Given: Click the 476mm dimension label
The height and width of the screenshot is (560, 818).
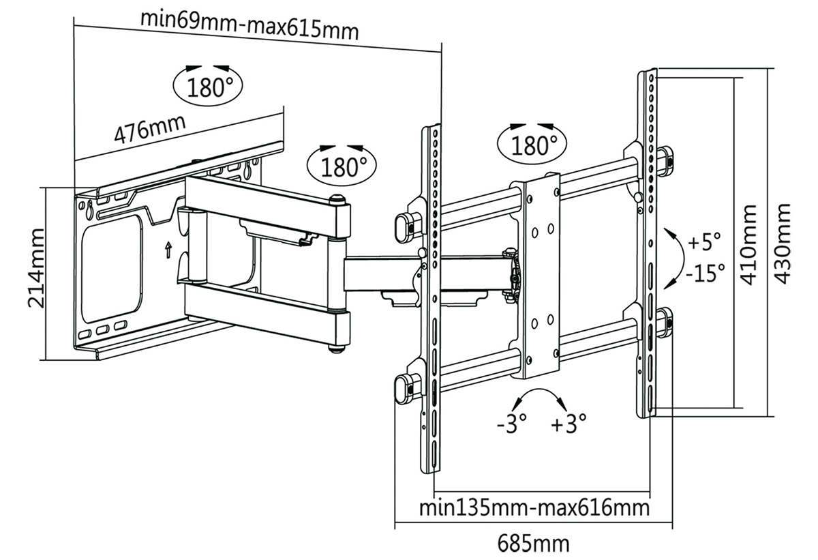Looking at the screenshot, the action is pos(150,130).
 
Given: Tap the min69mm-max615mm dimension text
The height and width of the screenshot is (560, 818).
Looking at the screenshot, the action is pos(249,25).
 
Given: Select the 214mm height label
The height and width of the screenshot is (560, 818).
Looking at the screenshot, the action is pos(36,269).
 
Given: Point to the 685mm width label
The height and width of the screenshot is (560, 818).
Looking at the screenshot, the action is pos(533,544).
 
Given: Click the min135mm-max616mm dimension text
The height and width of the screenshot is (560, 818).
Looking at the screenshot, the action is pos(534,508).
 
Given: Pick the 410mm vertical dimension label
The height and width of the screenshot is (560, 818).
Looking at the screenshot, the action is pos(748,245).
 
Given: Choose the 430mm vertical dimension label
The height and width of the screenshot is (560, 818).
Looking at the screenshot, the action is pos(783,244).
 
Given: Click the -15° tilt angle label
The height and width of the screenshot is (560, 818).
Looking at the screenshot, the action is pos(705,273).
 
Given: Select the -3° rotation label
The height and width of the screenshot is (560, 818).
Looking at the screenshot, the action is pos(512,424).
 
